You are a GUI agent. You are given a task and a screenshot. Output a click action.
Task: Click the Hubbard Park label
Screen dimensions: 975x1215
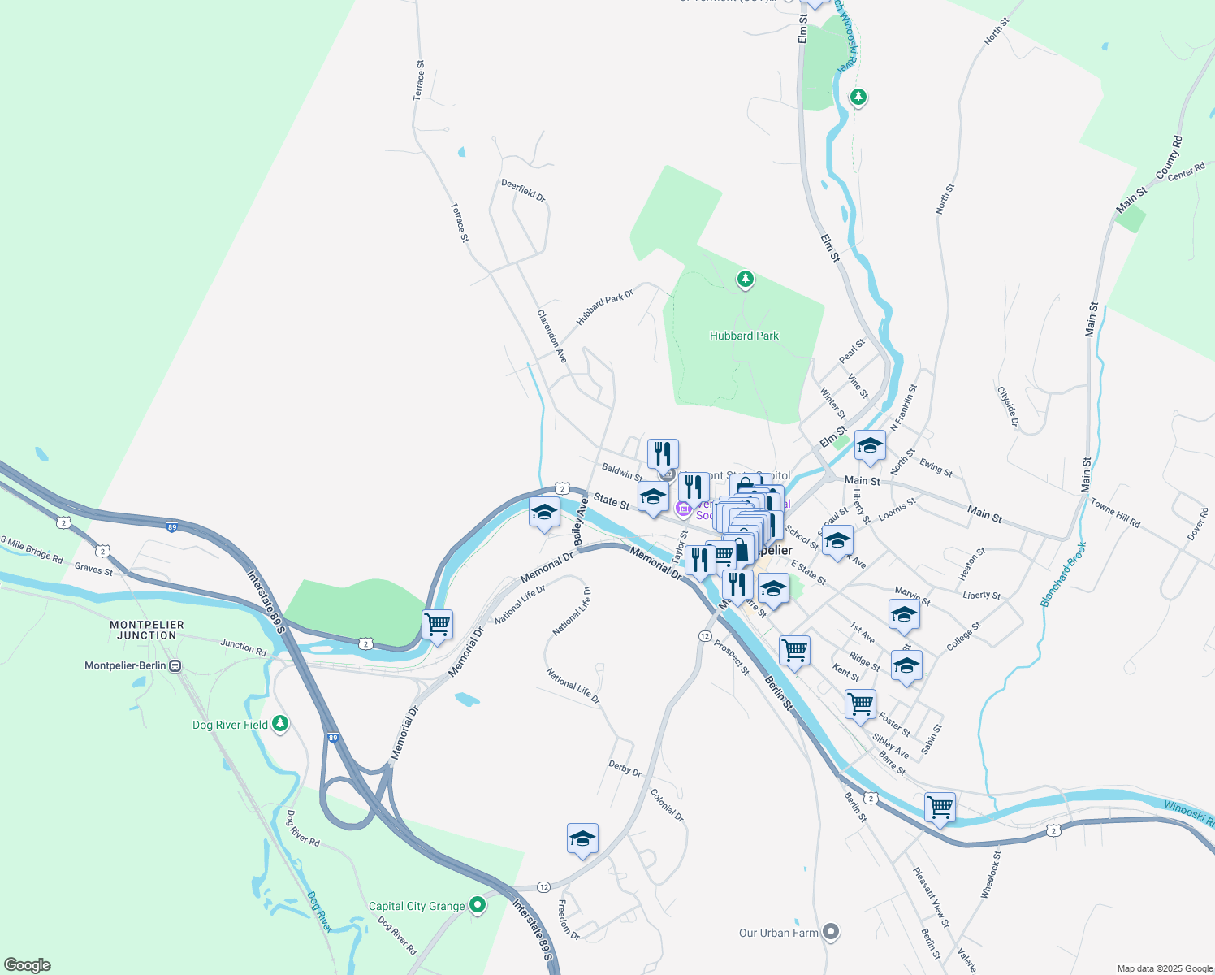point(744,336)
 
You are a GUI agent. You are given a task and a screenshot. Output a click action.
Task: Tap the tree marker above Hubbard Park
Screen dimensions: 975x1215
point(745,279)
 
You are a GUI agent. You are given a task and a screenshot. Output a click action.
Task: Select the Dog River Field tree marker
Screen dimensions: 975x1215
point(280,722)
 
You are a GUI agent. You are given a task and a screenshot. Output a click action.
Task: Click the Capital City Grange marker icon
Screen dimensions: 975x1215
point(478,904)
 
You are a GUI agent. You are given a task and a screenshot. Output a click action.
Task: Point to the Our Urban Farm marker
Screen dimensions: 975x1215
point(831,932)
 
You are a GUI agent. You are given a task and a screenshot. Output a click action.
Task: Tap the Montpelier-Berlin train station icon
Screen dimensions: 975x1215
point(175,666)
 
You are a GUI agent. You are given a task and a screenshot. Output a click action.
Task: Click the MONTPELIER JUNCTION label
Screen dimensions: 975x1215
point(147,630)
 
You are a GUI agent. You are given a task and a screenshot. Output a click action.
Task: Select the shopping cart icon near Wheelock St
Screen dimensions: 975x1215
point(940,808)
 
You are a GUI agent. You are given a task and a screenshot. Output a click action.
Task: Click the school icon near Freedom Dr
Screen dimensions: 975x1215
point(582,838)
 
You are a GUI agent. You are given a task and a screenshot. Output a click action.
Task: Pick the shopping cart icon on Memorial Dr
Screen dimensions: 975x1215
point(438,625)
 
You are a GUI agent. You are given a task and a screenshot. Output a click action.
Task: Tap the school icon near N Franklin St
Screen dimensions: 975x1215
point(870,445)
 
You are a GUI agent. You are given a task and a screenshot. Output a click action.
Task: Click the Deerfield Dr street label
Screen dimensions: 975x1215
point(523,190)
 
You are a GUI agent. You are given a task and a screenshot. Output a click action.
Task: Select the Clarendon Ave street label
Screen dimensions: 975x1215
point(552,336)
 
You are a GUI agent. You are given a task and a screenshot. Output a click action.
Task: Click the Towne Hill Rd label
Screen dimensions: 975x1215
point(1115,513)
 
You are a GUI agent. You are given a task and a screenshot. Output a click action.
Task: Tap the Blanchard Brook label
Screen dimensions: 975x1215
point(1063,576)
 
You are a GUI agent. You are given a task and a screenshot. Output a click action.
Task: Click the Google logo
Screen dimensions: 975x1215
point(28,965)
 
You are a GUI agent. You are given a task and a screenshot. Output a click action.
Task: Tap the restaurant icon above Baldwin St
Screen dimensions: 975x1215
point(663,453)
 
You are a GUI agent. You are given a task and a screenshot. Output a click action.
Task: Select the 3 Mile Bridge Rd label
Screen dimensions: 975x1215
point(32,550)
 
